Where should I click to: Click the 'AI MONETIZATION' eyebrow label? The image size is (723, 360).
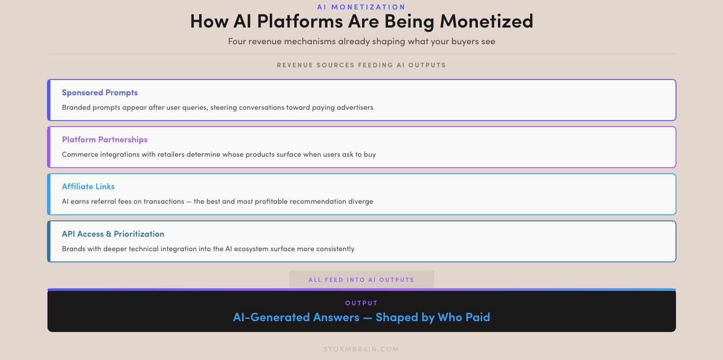[361, 7]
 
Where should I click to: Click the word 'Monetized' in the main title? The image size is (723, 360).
[486, 22]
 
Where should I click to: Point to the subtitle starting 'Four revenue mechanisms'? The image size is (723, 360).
[361, 41]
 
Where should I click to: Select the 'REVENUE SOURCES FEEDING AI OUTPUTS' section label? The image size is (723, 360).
[361, 65]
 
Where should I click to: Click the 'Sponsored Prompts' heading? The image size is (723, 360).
[100, 93]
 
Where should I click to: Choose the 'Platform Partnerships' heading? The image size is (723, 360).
[104, 140]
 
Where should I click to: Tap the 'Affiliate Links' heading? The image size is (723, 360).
[88, 187]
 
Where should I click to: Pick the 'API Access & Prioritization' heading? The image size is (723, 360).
[113, 234]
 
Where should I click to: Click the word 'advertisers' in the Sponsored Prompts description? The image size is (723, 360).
[355, 108]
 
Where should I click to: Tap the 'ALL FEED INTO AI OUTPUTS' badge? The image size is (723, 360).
[361, 279]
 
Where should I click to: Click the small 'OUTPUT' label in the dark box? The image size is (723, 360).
[361, 303]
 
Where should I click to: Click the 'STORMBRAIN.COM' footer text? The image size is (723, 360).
[361, 349]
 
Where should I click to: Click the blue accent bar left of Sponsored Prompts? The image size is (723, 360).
[49, 100]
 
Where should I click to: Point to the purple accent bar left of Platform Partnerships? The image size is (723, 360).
[49, 147]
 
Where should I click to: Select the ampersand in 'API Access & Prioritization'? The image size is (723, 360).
[109, 234]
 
